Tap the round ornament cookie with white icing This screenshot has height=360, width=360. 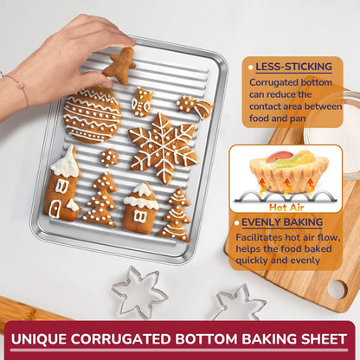tap(92, 116)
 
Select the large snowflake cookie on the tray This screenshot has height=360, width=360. tap(162, 146)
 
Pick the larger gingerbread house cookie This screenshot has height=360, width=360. tap(62, 183)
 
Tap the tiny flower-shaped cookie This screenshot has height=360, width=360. tap(108, 157)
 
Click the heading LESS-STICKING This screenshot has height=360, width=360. tap(292, 67)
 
